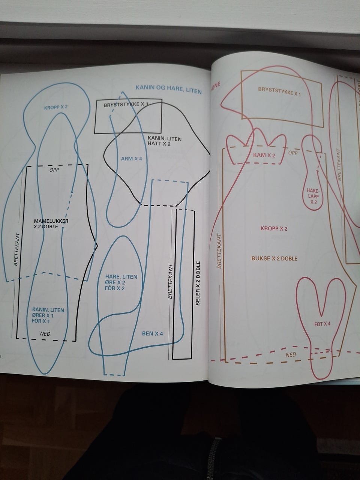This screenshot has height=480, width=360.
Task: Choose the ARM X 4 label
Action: click(x=132, y=159)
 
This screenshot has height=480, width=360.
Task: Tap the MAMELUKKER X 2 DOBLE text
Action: click(x=51, y=224)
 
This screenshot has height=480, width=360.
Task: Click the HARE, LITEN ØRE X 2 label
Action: click(x=121, y=282)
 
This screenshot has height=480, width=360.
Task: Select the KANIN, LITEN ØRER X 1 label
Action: click(x=48, y=315)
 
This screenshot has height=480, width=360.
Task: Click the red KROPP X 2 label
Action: click(x=274, y=228)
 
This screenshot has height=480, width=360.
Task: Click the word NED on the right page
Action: click(x=291, y=355)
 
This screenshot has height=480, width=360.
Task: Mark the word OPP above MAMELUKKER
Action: click(x=55, y=169)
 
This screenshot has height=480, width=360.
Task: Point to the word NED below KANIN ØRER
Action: click(x=45, y=333)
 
